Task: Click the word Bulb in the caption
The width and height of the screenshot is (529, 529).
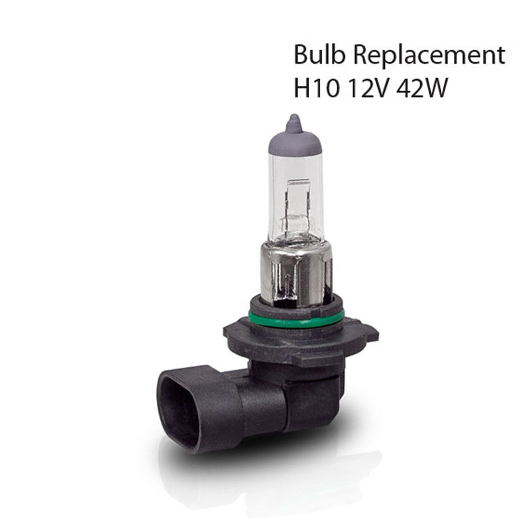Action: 319,55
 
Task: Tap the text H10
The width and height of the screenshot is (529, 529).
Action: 315,88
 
